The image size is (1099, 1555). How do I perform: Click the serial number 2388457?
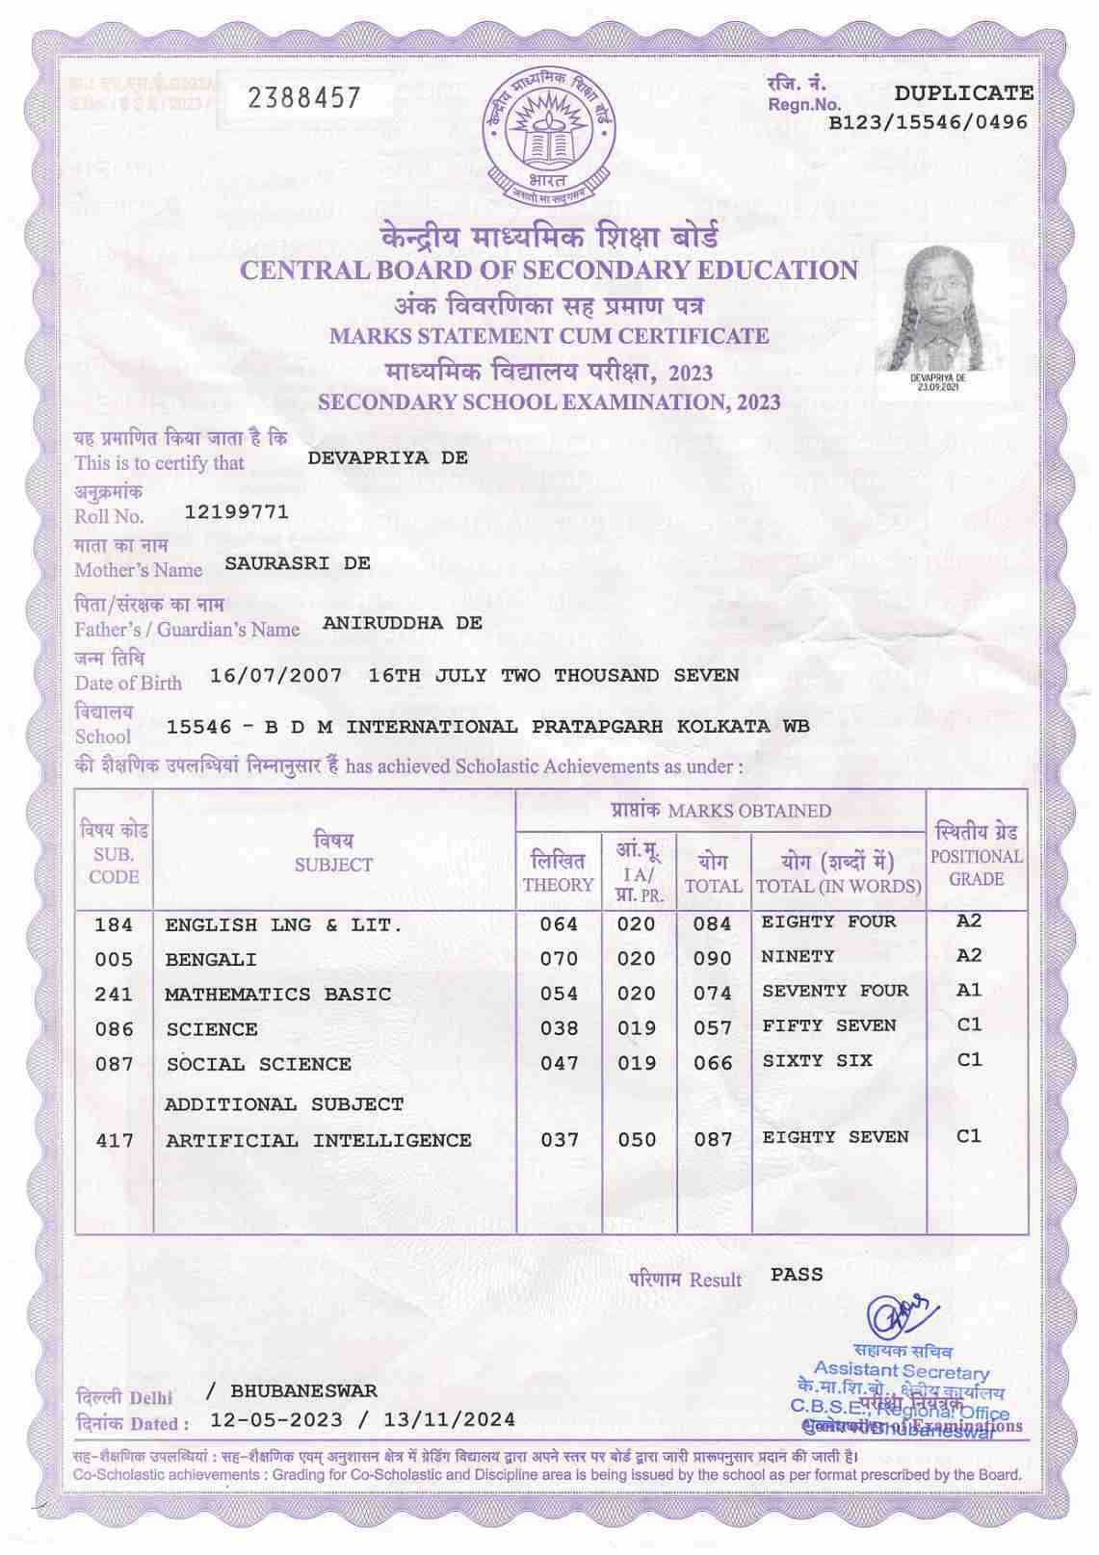click(x=304, y=98)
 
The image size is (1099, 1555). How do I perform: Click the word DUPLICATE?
click(x=963, y=93)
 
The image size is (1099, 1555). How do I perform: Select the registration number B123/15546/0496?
click(x=929, y=122)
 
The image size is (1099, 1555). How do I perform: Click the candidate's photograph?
click(x=939, y=310)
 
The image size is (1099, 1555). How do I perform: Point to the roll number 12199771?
click(x=236, y=511)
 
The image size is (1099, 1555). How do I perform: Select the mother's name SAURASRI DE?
click(x=298, y=563)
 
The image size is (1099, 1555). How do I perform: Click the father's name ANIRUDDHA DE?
click(x=403, y=623)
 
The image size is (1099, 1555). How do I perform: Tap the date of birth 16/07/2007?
click(x=276, y=675)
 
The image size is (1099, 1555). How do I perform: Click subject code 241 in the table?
click(x=114, y=994)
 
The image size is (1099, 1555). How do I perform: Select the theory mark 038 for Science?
click(x=559, y=1028)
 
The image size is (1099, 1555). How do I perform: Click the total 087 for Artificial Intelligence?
click(x=714, y=1140)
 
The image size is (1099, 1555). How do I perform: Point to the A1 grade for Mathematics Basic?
click(x=969, y=990)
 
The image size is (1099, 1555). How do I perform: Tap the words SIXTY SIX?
click(x=817, y=1060)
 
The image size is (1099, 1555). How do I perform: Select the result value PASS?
click(x=797, y=1275)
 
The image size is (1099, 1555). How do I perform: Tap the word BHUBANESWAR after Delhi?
click(x=304, y=1391)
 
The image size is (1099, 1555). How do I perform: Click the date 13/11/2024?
click(x=449, y=1420)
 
